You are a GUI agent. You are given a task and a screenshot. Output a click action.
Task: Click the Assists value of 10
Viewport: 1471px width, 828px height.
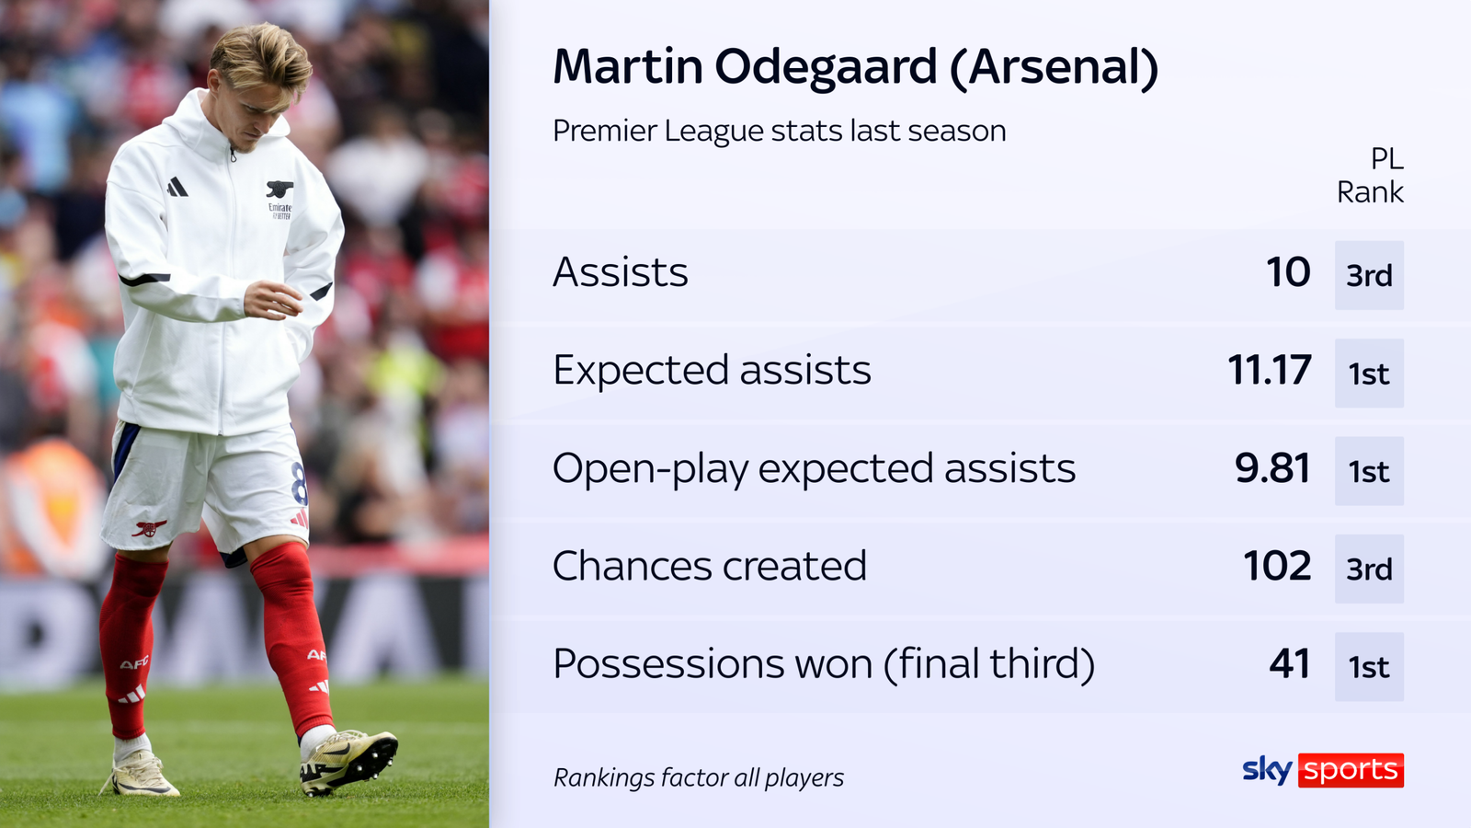(x=1288, y=272)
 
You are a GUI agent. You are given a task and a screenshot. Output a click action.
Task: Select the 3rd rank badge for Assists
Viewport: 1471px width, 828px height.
(x=1369, y=275)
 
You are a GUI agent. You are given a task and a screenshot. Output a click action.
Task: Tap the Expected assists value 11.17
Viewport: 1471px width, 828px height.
(x=1270, y=370)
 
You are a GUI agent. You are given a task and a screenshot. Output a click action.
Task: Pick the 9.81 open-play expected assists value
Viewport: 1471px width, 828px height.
(x=1272, y=468)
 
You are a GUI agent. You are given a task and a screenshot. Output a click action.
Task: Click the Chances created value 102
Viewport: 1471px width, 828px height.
(x=1277, y=566)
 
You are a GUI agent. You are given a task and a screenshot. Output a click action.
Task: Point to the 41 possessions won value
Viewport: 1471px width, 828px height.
(x=1289, y=664)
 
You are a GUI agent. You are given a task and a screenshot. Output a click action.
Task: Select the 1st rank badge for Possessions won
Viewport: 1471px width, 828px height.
(x=1369, y=667)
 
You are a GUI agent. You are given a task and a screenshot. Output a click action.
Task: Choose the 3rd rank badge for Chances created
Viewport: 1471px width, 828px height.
(x=1369, y=569)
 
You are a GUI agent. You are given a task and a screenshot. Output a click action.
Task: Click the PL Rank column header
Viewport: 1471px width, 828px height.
(x=1371, y=176)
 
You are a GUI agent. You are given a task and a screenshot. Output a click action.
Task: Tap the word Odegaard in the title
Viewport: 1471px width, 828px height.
(x=826, y=67)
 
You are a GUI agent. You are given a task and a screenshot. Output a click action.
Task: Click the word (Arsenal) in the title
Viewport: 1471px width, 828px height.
(x=1054, y=68)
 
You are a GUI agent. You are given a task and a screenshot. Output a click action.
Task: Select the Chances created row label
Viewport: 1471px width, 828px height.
(x=709, y=566)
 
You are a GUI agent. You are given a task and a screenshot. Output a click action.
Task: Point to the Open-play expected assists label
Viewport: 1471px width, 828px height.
(x=814, y=468)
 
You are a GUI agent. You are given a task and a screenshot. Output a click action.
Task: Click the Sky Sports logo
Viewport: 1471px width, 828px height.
(x=1322, y=770)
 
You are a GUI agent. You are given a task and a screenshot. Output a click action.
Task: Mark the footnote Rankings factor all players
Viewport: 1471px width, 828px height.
(x=698, y=778)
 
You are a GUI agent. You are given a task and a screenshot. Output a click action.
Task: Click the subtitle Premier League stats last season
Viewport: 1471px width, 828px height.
(x=779, y=131)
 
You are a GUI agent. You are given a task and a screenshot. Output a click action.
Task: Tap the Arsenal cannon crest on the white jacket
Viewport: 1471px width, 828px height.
(x=279, y=190)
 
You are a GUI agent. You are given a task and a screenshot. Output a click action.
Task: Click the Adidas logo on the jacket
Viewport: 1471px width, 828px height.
(x=177, y=188)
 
